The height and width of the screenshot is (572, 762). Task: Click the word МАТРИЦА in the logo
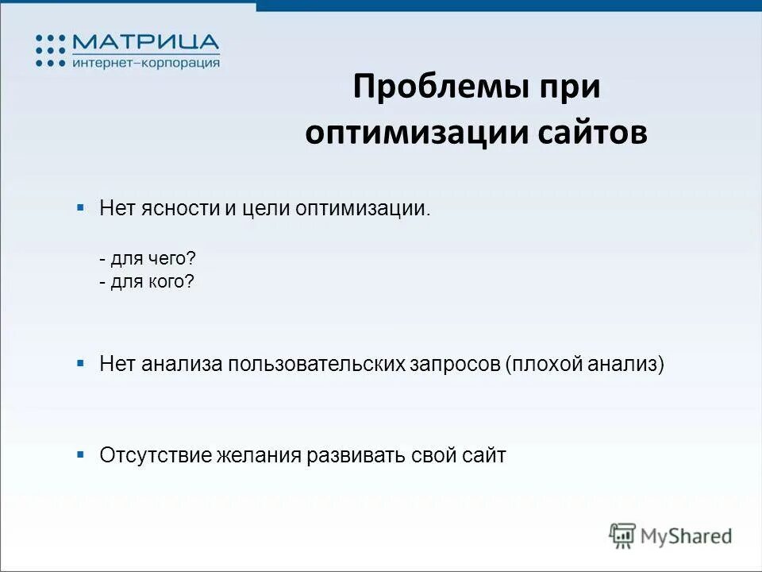[145, 42]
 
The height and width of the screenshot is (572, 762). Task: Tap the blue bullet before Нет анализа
[80, 362]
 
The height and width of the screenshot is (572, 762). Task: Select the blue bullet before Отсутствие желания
[80, 454]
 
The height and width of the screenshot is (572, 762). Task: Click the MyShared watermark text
[687, 536]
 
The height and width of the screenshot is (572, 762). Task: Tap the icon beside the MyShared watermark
[622, 535]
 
